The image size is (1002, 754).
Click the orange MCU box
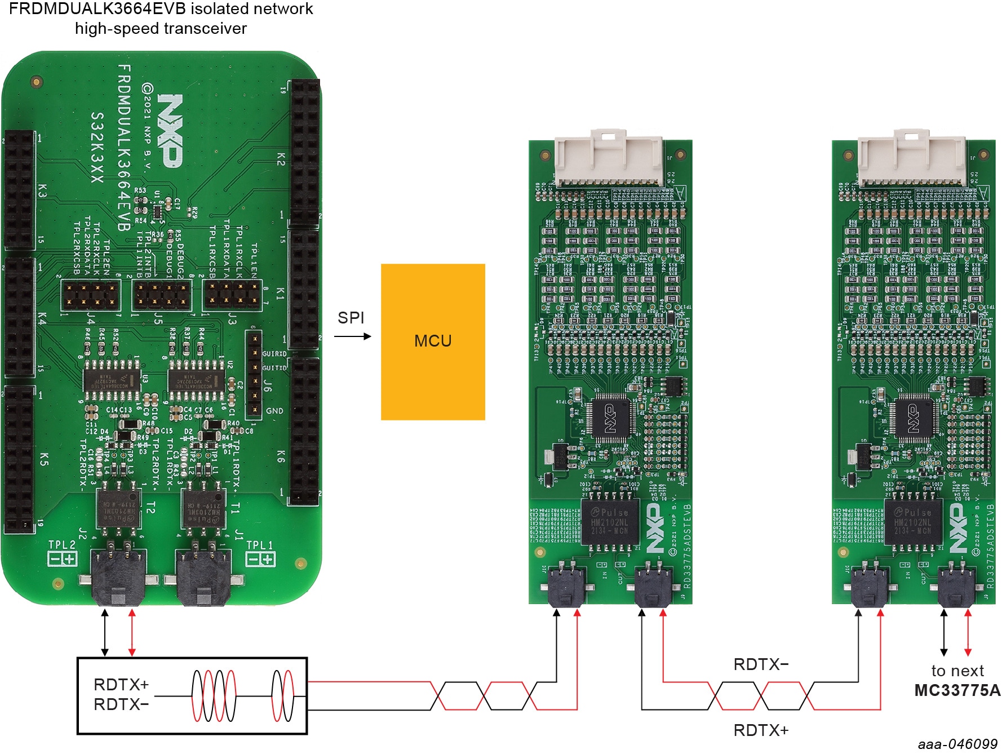tap(433, 341)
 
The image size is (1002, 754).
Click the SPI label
tap(351, 318)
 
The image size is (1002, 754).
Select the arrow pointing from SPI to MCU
tap(353, 336)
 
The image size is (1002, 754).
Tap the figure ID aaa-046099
tap(957, 744)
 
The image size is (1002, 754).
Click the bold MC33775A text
tap(957, 690)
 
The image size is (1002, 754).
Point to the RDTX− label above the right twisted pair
tap(761, 664)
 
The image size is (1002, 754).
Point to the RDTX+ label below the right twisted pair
tap(761, 730)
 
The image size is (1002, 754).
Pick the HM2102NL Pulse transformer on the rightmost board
tap(913, 521)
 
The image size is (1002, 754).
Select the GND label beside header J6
tap(274, 411)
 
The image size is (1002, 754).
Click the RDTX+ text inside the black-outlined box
tap(121, 685)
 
